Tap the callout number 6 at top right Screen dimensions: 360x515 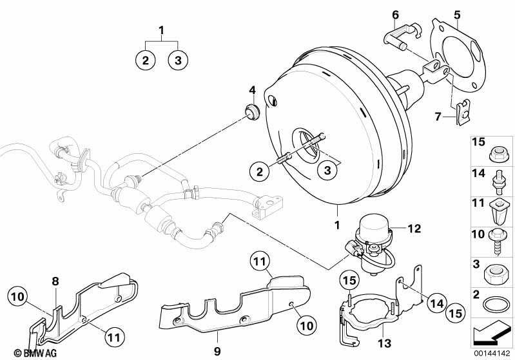[396, 14]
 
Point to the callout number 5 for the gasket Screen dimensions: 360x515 [457, 14]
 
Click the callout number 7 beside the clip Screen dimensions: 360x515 [438, 117]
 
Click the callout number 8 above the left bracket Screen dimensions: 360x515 [55, 281]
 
